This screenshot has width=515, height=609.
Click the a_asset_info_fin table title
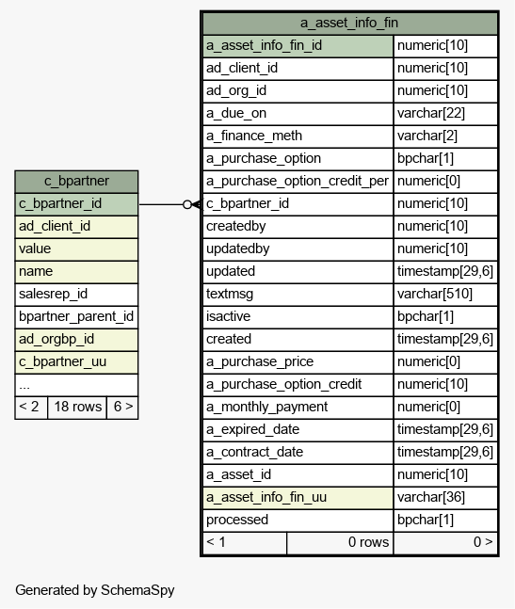point(349,23)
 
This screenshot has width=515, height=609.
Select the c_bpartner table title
point(76,181)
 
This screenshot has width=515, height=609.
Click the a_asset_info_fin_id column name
point(265,45)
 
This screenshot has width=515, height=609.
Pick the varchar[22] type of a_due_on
point(430,113)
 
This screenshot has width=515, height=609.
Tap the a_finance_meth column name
point(254,136)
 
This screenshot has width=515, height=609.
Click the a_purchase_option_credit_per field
point(298,181)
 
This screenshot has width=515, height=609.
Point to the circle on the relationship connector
point(187,204)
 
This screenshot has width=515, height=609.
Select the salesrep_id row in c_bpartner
point(76,294)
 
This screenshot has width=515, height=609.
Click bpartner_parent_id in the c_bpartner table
point(76,316)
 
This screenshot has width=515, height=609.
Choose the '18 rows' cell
point(77,407)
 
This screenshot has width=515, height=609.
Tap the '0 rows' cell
point(340,542)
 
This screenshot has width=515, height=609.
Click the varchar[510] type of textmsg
point(435,294)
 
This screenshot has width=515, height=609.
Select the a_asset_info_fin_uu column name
point(266,497)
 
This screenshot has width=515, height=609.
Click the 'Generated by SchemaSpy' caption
point(95,590)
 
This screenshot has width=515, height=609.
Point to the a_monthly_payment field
point(266,407)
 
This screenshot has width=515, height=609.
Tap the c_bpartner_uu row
point(76,361)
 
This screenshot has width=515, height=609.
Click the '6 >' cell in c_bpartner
point(122,407)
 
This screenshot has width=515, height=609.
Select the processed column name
point(237,520)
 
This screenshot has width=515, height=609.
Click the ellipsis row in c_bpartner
point(76,385)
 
